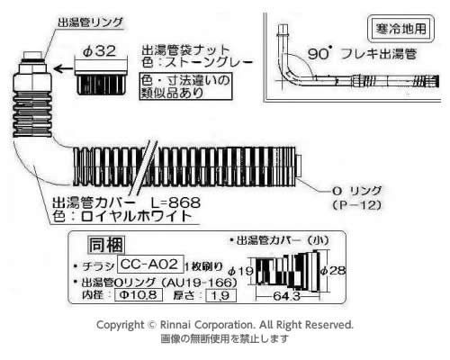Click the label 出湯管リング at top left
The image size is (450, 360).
pyautogui.click(x=90, y=22)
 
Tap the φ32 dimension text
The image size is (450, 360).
pyautogui.click(x=99, y=51)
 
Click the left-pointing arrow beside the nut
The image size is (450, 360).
pyautogui.click(x=63, y=69)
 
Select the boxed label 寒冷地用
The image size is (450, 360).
pyautogui.click(x=400, y=29)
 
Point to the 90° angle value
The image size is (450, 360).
pyautogui.click(x=319, y=54)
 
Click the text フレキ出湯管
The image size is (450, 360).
pyautogui.click(x=379, y=54)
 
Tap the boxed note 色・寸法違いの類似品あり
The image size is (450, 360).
pyautogui.click(x=186, y=86)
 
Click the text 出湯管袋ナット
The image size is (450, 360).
pyautogui.click(x=185, y=49)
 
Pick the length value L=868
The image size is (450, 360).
pyautogui.click(x=175, y=202)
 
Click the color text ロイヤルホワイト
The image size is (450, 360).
pyautogui.click(x=137, y=216)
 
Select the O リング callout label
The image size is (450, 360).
pyautogui.click(x=356, y=191)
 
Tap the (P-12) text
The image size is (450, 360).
pyautogui.click(x=356, y=205)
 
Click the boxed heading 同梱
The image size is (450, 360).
pyautogui.click(x=106, y=245)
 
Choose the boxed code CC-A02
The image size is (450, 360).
pyautogui.click(x=150, y=265)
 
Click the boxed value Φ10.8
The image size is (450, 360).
pyautogui.click(x=139, y=295)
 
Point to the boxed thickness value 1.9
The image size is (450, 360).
pyautogui.click(x=221, y=296)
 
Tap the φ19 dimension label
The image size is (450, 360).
pyautogui.click(x=241, y=271)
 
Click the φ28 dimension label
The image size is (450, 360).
pyautogui.click(x=333, y=270)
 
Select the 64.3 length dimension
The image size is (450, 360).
pyautogui.click(x=286, y=296)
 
